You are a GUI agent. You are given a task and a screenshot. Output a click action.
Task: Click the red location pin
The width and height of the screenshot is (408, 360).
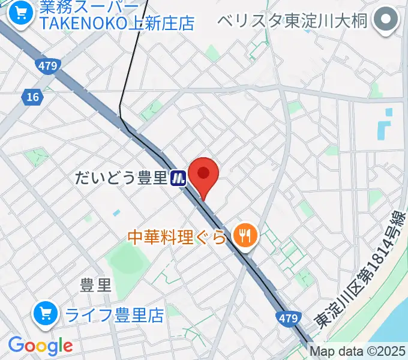point(203,175)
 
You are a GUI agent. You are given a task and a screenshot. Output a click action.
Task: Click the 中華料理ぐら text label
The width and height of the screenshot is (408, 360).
point(178,238)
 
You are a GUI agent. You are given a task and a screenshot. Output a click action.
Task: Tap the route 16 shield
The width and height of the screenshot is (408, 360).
point(31,96)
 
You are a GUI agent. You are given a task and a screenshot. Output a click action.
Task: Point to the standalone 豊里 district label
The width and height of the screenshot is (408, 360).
point(96,286)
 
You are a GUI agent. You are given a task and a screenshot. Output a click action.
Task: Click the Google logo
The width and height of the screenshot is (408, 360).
point(40,345)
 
